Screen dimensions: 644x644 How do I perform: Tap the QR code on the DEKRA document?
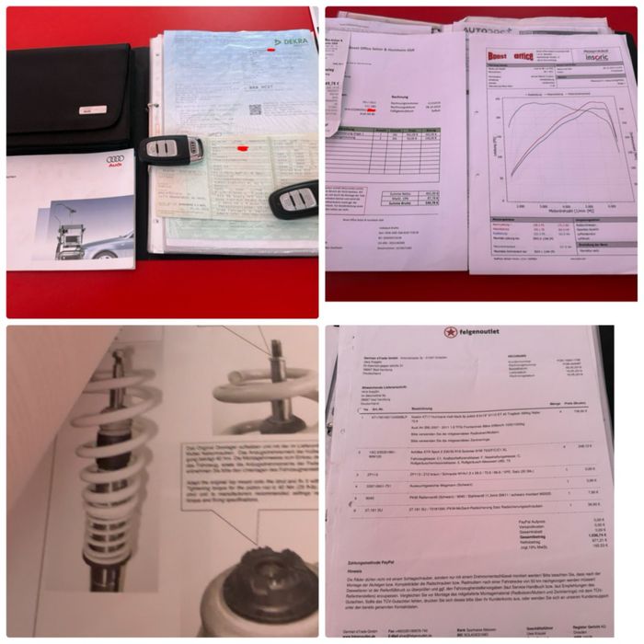tap(255, 109)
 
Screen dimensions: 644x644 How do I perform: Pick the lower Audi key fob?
tap(293, 199)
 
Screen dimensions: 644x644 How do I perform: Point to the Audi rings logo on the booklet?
tap(29, 160)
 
